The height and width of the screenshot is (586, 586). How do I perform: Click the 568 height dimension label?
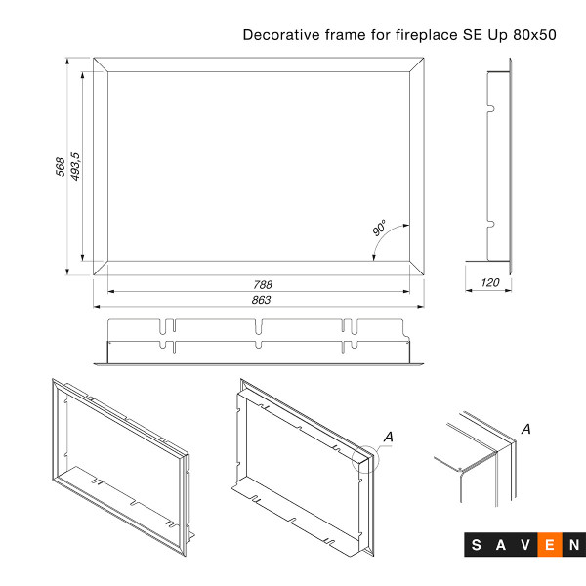(60, 167)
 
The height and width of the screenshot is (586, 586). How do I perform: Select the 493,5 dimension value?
(75, 166)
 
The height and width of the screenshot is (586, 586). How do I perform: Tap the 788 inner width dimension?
(263, 285)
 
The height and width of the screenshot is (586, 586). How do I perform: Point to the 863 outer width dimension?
(261, 300)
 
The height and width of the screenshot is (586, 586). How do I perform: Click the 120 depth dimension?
(490, 282)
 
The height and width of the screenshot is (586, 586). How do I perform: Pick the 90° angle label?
(379, 228)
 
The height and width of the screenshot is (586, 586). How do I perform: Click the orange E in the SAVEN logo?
(550, 545)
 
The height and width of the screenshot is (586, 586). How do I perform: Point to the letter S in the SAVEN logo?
(477, 545)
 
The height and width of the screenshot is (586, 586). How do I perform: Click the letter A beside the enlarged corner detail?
(526, 429)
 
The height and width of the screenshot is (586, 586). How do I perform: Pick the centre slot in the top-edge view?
(259, 327)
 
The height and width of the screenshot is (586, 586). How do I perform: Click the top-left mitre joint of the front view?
(101, 64)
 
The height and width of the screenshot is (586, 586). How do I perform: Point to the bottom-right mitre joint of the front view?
(417, 268)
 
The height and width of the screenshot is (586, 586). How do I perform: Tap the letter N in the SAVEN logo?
(574, 545)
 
